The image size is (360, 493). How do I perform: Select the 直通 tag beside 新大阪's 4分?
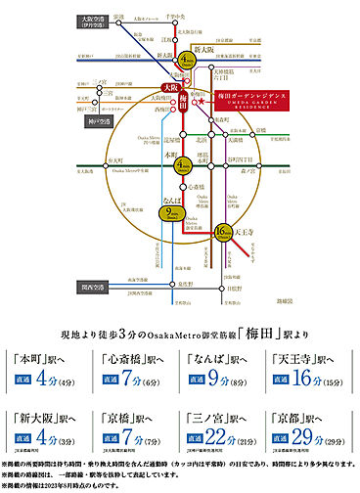coord(26,433)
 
